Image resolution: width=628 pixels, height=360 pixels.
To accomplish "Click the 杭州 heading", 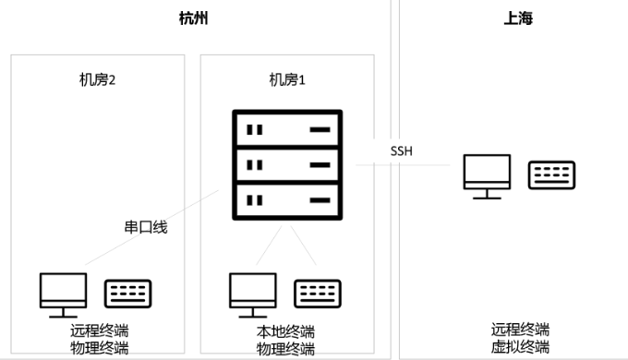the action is [193, 18].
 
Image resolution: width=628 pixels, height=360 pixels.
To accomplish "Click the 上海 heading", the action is [518, 18].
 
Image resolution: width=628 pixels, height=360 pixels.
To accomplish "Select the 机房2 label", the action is [97, 80].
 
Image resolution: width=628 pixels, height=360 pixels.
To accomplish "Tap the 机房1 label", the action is [286, 80].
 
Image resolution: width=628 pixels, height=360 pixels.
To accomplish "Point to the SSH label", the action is [402, 150].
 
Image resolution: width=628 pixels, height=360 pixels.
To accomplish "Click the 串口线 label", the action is [146, 227].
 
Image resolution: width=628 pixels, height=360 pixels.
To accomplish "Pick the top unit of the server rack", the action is [286, 129].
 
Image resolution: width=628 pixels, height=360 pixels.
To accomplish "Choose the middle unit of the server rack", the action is [286, 164].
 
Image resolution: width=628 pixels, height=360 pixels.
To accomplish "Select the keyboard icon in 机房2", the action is [127, 294].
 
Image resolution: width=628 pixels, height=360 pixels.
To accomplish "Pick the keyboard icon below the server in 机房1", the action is [317, 294].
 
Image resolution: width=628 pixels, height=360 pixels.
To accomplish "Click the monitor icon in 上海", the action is [487, 175].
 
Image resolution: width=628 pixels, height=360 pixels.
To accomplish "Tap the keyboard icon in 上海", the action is [552, 175].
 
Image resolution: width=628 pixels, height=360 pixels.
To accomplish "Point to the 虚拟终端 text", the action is [520, 347].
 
